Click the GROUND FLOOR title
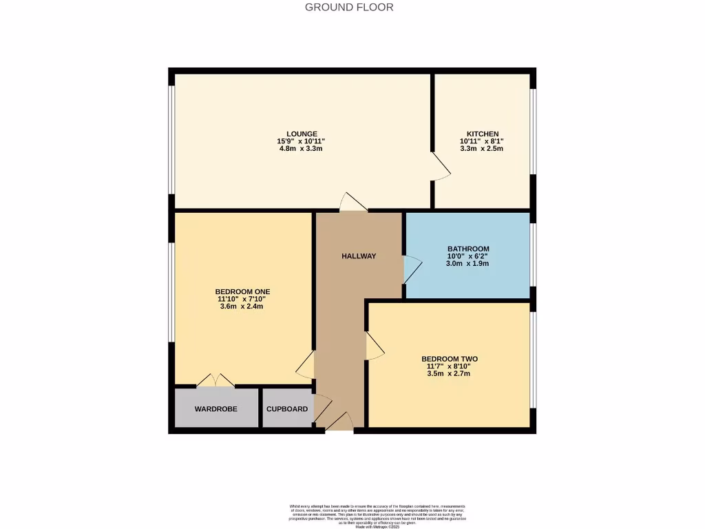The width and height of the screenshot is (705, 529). click(x=349, y=8)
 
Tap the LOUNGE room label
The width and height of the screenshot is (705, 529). click(x=302, y=134)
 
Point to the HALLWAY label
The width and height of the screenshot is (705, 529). click(x=359, y=256)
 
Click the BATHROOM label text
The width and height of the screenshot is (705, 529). click(x=468, y=249)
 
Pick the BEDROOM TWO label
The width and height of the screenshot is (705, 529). click(x=449, y=359)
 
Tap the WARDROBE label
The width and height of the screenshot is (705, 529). click(x=215, y=409)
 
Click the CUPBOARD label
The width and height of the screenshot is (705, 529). click(x=287, y=409)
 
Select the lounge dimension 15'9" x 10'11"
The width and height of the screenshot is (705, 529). click(x=302, y=141)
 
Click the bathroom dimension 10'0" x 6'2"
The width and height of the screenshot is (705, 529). click(x=468, y=256)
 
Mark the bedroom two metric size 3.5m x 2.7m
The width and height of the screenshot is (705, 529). click(x=449, y=374)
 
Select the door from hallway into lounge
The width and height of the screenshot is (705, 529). click(x=352, y=202)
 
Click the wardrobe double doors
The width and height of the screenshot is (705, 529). click(x=215, y=380)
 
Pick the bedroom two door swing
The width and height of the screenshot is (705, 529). click(x=375, y=346)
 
